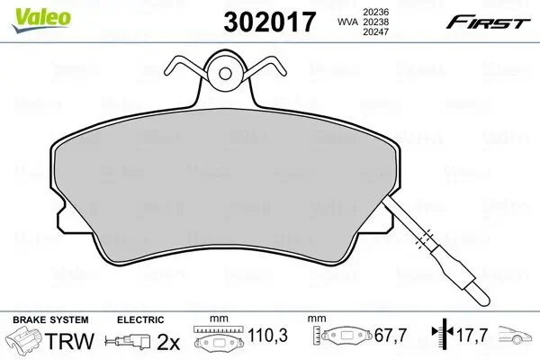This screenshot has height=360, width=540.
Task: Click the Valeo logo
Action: click(x=41, y=20)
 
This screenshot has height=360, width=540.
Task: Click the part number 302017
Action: click(x=270, y=22)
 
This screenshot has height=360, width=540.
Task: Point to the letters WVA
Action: click(x=347, y=22)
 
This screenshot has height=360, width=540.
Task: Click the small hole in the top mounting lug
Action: click(x=225, y=73)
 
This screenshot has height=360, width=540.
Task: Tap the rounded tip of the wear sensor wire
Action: click(x=484, y=300)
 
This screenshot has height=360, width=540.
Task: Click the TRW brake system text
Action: click(x=69, y=341)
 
